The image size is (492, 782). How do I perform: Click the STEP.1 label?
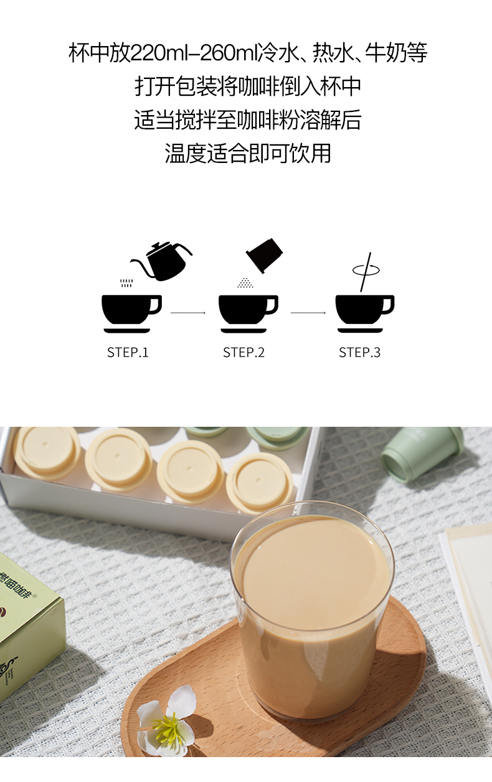tap(128, 352)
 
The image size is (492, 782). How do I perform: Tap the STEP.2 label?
tap(244, 352)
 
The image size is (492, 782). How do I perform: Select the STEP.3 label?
tap(359, 352)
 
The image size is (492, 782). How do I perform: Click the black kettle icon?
tap(161, 261)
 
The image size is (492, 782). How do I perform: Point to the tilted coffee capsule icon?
tap(265, 255)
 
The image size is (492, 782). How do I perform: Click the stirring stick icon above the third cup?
tap(366, 272)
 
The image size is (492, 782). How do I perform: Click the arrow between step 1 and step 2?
tap(188, 313)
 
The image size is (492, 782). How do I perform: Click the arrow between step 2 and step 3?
tap(308, 313)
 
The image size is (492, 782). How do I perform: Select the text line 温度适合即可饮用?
tap(248, 153)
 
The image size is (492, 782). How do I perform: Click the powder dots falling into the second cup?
tap(245, 283)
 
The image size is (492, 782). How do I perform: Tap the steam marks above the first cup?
tap(126, 283)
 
